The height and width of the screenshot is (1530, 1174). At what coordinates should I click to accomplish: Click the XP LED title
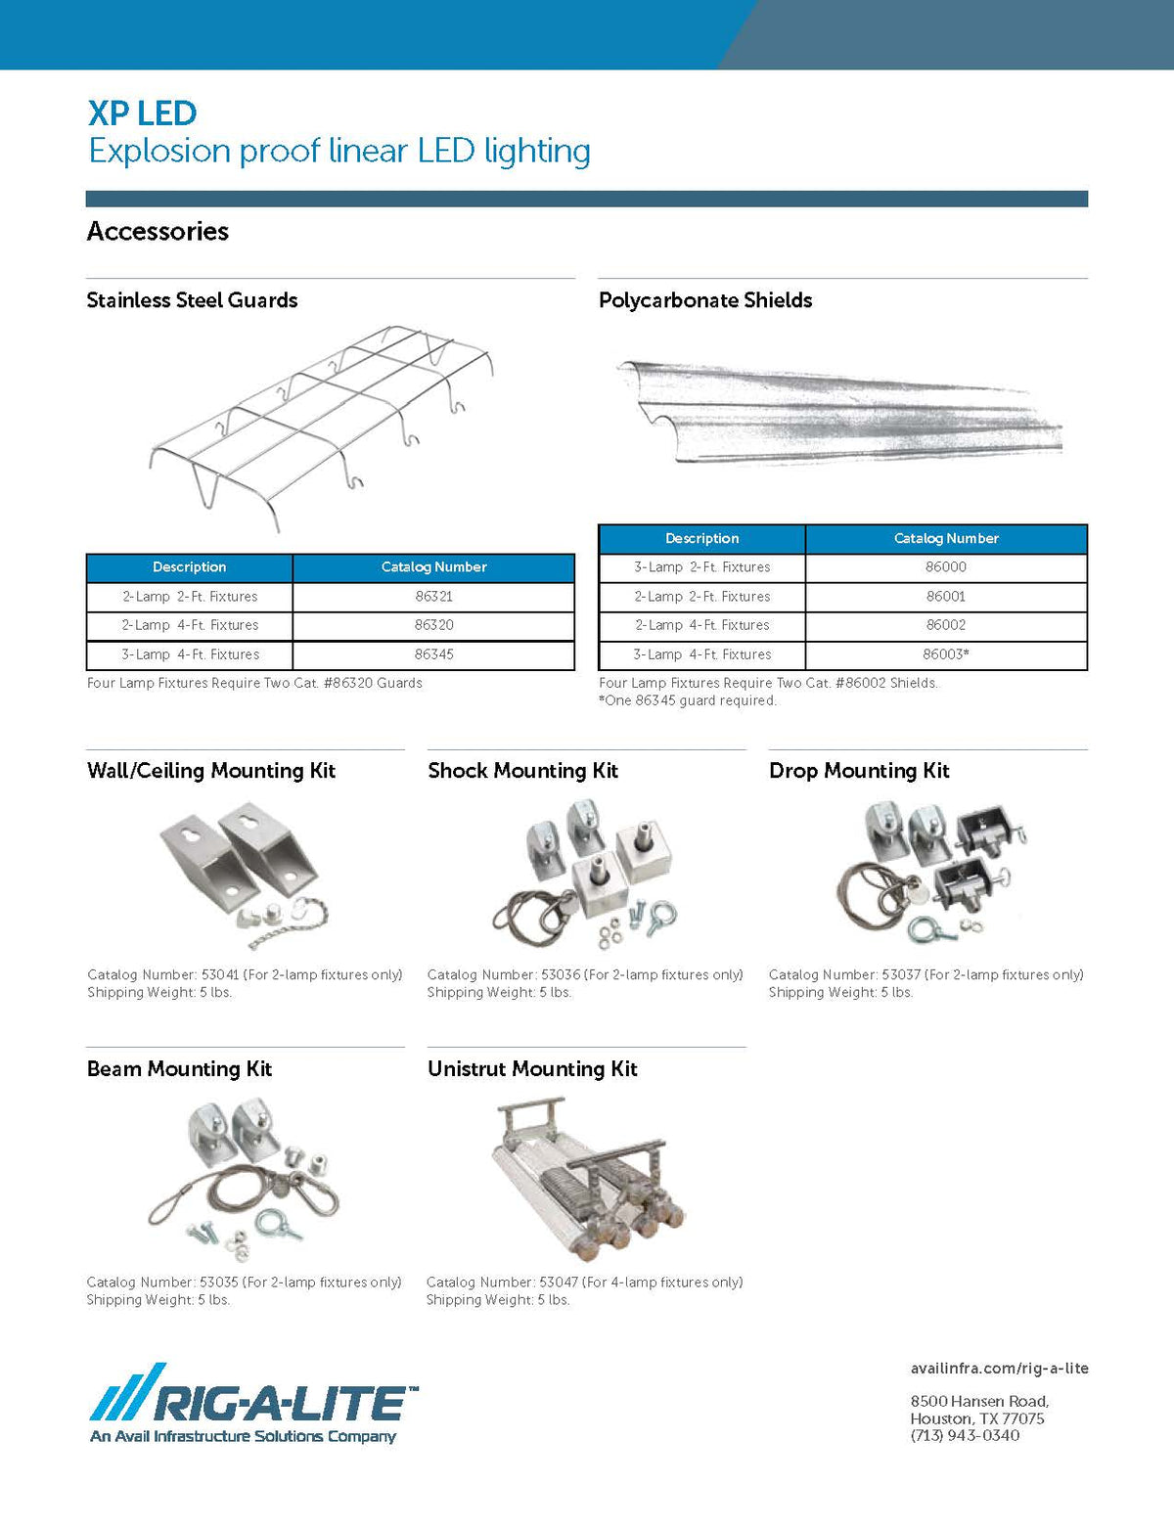click(142, 113)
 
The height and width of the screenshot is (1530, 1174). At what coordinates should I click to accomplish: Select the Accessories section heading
click(158, 231)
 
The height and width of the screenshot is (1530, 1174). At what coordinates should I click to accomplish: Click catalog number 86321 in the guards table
click(433, 596)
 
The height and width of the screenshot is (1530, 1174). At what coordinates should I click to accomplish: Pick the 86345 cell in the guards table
click(433, 654)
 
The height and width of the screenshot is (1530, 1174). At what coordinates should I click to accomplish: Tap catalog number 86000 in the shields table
click(945, 566)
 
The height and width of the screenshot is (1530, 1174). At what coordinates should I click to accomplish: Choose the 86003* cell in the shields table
click(945, 654)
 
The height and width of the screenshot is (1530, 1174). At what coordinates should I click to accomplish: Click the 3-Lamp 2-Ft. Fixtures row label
click(701, 566)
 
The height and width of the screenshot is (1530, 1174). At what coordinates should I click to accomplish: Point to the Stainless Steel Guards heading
click(192, 300)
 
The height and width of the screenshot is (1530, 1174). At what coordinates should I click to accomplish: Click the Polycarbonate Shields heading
click(705, 300)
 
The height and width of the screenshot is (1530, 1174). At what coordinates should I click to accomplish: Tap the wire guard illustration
click(323, 426)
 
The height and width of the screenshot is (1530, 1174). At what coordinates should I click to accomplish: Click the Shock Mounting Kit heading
click(522, 771)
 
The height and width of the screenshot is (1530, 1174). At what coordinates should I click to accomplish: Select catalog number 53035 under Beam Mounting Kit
click(220, 1282)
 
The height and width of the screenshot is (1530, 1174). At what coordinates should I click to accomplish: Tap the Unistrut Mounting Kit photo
click(587, 1174)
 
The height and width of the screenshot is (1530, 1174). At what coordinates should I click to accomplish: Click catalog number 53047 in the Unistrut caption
click(560, 1282)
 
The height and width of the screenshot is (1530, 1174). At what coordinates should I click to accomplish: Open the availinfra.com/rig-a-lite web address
click(999, 1369)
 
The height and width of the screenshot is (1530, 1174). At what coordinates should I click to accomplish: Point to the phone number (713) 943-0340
click(965, 1436)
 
